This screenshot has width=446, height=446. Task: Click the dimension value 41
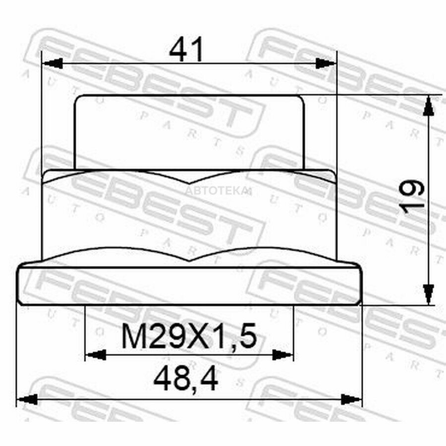coord(187,50)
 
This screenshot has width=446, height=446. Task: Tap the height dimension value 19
coord(412,198)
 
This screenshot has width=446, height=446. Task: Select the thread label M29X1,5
coord(189,336)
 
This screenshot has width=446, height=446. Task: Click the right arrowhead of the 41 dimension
coord(326,63)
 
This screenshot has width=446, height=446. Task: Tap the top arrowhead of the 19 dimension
coord(428,106)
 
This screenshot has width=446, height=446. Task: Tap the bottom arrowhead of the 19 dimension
coord(428,294)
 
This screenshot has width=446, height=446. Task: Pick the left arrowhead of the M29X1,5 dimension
coord(96,355)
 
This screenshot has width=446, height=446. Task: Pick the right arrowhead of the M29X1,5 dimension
coord(282,355)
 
